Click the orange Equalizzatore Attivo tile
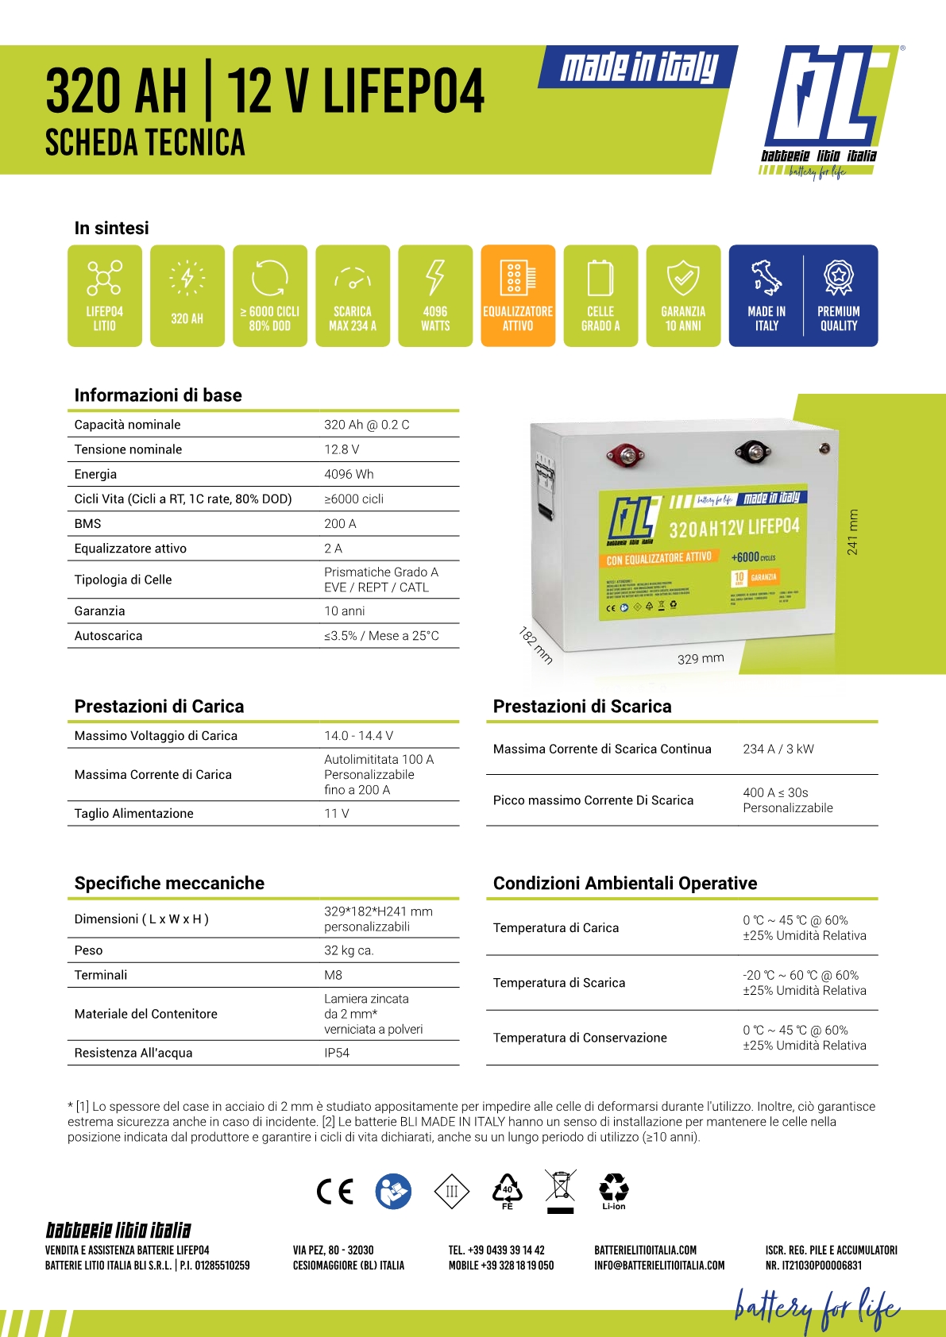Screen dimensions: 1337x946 pyautogui.click(x=518, y=295)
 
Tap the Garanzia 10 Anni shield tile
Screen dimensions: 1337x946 pyautogui.click(x=683, y=295)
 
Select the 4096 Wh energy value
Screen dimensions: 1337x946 pyautogui.click(x=349, y=474)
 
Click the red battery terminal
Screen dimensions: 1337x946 pyautogui.click(x=625, y=456)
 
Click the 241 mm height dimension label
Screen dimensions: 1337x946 pyautogui.click(x=852, y=532)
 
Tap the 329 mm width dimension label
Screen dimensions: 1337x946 pyautogui.click(x=701, y=658)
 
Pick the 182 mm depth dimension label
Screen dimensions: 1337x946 pyautogui.click(x=536, y=645)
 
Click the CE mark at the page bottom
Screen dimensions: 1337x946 pyautogui.click(x=334, y=1191)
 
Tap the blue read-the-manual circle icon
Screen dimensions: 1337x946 pyautogui.click(x=393, y=1191)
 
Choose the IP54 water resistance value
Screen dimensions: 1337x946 pyautogui.click(x=337, y=1053)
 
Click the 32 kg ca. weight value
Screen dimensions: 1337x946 pyautogui.click(x=349, y=950)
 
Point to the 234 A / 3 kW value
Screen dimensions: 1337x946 pyautogui.click(x=778, y=749)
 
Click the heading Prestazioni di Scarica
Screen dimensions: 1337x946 pyautogui.click(x=582, y=707)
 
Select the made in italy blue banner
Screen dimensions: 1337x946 pyautogui.click(x=639, y=67)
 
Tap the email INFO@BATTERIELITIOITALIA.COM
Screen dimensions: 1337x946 pyautogui.click(x=659, y=1266)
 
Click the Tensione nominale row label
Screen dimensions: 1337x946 pyautogui.click(x=128, y=449)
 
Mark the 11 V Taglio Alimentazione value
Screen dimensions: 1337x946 pyautogui.click(x=337, y=813)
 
